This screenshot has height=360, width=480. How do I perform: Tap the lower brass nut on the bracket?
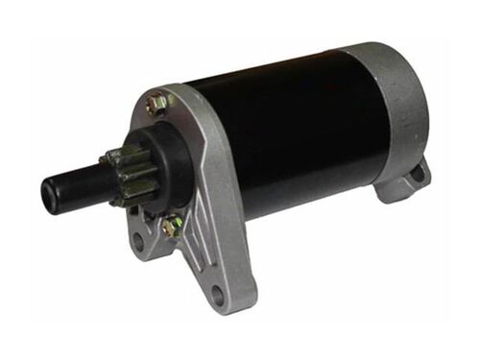click(x=172, y=227)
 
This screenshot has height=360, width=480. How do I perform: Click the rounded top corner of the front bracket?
click(x=154, y=90)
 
